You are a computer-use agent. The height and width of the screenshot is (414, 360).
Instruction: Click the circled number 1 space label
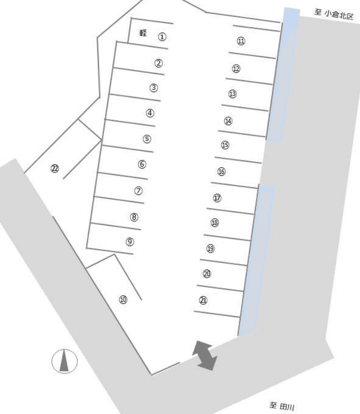[x=162, y=37]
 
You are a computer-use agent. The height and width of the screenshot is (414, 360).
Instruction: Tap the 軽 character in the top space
[x=143, y=33]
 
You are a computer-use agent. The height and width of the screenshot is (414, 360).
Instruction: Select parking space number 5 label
[x=147, y=139]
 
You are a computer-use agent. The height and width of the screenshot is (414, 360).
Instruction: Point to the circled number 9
[x=130, y=241]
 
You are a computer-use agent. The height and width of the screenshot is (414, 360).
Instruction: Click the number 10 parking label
[x=123, y=300]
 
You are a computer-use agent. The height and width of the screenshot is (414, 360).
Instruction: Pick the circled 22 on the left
[x=55, y=168]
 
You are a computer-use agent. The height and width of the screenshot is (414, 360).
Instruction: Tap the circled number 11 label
[x=241, y=41]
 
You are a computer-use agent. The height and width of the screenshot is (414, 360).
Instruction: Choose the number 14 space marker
[x=228, y=121]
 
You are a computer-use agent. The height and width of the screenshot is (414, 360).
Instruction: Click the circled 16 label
[x=221, y=172]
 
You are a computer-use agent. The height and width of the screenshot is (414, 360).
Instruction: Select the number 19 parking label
[x=210, y=249]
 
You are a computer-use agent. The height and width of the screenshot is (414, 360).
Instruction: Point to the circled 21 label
[x=203, y=300]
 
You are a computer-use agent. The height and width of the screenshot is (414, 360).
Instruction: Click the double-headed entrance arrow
[x=205, y=355]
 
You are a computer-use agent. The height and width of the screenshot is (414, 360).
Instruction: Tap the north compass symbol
[x=64, y=361]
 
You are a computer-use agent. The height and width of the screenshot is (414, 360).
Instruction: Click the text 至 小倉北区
[x=333, y=14]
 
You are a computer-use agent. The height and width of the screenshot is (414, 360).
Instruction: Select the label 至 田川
[x=281, y=406]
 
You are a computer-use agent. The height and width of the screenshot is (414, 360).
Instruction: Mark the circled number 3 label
[x=153, y=88]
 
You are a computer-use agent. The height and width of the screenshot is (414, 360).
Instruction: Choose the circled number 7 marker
[x=139, y=190]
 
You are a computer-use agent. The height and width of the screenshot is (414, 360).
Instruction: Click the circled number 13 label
[x=233, y=94]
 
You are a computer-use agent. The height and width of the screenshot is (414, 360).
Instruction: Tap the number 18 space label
[x=215, y=223]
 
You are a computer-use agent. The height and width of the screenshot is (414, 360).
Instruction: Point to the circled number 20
[x=207, y=274]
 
